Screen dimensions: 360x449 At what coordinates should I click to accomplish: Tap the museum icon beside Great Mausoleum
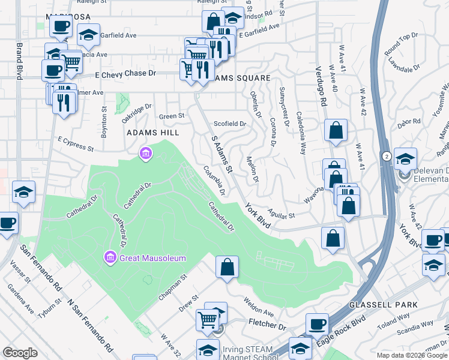coord(110,258)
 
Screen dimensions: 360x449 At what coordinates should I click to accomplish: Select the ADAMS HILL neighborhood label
coord(150,132)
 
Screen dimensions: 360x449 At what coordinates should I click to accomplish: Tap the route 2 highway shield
coord(386,156)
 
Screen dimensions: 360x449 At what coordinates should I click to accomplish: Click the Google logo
coord(20,353)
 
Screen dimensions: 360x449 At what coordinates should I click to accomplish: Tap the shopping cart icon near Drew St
coord(208,320)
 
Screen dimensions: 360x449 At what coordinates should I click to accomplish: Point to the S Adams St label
coord(222,153)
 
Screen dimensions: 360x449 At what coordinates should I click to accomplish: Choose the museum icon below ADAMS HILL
coord(145,155)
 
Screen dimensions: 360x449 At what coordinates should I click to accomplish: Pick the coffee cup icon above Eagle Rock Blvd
coord(316,324)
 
